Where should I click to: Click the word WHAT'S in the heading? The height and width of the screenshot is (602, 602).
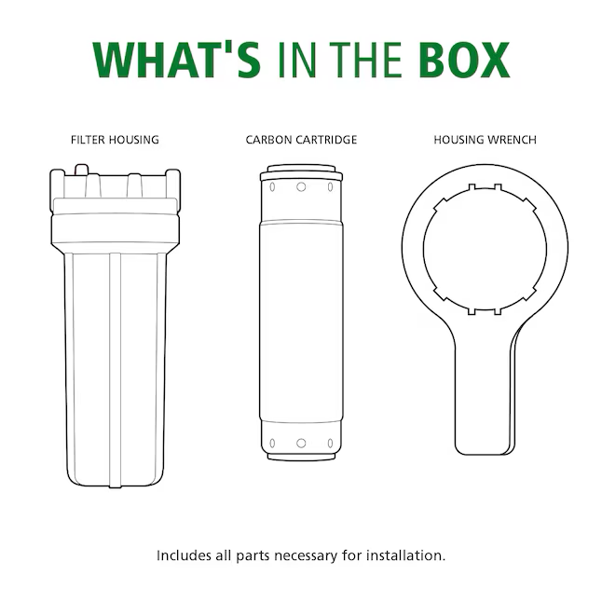point(177,61)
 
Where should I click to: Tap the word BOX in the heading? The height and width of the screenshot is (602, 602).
point(464,61)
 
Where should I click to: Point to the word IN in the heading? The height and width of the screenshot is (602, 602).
point(296,61)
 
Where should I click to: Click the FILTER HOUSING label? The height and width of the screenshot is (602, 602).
point(115,140)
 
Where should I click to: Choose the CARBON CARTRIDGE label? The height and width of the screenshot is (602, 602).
point(301,140)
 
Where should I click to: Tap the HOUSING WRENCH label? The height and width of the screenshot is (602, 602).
point(485,140)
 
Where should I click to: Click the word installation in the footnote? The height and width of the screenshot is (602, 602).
point(405,555)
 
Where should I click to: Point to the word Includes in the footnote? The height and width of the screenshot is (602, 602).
point(184,555)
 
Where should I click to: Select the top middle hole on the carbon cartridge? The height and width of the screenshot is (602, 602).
point(301,187)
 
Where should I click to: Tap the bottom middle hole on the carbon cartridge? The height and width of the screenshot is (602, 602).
point(301,444)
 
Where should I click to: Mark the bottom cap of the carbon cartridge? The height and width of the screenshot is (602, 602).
point(301,456)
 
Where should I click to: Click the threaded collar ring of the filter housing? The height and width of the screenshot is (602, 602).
point(116,229)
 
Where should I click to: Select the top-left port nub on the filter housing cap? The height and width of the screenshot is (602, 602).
point(81,170)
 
